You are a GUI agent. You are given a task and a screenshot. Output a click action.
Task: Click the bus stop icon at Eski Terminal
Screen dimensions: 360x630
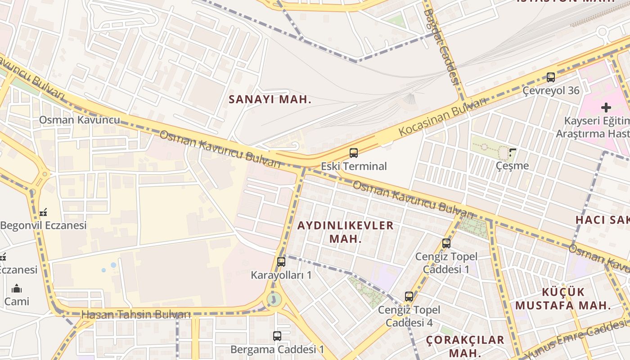click(x=354, y=153)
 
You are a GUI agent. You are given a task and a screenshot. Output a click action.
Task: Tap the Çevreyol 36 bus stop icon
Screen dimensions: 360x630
click(x=551, y=77)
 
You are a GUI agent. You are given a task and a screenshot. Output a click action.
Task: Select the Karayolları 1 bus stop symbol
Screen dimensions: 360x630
click(x=281, y=261)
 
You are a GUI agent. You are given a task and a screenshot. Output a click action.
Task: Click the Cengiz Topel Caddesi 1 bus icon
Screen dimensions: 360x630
click(x=446, y=243)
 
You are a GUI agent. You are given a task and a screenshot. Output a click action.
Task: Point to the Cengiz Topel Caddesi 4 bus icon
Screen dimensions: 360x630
click(x=409, y=297)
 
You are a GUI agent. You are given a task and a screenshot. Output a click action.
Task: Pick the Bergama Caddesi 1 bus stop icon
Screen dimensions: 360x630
click(x=277, y=336)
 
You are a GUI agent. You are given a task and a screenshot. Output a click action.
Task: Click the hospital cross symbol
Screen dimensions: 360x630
click(x=606, y=108)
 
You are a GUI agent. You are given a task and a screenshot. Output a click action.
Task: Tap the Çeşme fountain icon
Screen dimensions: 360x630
click(x=512, y=153)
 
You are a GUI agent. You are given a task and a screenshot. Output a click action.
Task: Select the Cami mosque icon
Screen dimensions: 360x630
click(x=17, y=288)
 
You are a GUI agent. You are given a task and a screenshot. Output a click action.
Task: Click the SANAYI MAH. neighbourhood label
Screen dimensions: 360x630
click(x=270, y=99)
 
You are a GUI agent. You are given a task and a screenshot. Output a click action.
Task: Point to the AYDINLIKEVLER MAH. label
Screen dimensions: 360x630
click(x=346, y=232)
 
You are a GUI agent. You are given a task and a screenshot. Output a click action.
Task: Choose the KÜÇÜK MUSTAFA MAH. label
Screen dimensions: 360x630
click(x=563, y=298)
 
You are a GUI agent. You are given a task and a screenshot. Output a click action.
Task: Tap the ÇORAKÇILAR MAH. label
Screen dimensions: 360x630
click(x=465, y=346)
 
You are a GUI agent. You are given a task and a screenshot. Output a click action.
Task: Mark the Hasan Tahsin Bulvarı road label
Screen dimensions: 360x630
click(x=136, y=315)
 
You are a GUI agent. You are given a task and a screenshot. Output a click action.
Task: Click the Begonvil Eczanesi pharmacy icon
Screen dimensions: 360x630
click(x=43, y=212)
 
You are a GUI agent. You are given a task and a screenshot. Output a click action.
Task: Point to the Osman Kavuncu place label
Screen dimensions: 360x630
click(x=80, y=120)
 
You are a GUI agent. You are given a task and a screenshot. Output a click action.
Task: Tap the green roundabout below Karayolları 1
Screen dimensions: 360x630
click(x=273, y=299)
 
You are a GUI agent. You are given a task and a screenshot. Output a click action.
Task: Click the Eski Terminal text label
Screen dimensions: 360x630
click(x=354, y=166)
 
